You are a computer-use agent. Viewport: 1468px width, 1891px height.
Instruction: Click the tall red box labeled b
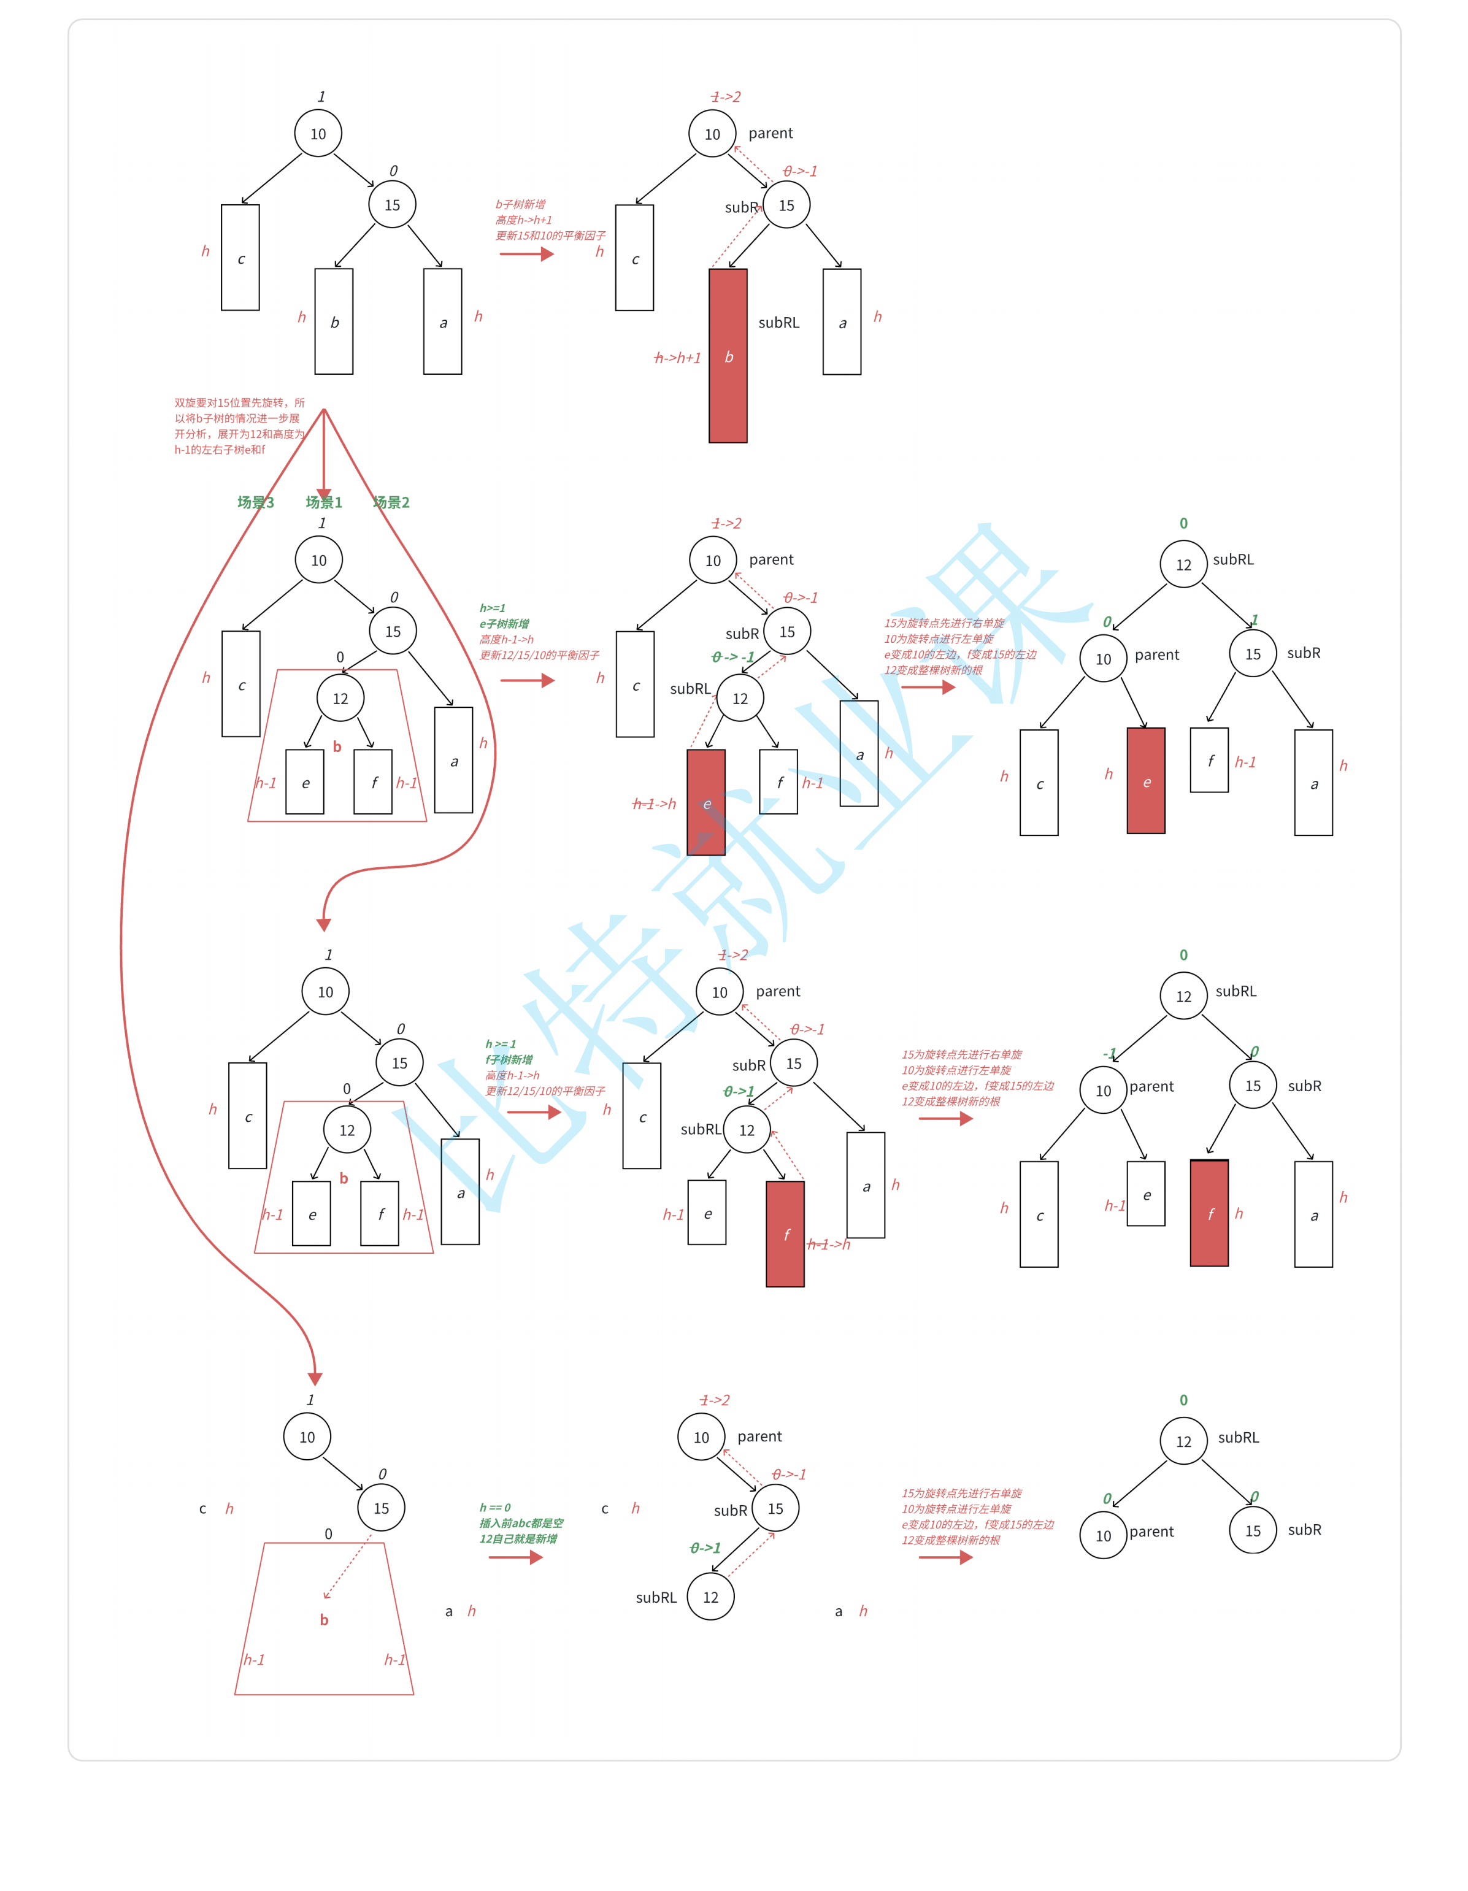728,356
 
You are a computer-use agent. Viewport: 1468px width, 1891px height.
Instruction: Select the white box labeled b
334,321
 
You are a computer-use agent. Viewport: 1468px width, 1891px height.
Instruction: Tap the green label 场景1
324,502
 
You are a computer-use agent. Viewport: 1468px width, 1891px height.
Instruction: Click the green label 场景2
391,502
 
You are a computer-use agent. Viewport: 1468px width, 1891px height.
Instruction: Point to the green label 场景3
255,502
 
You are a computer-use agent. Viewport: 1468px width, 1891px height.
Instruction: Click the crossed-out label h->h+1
677,358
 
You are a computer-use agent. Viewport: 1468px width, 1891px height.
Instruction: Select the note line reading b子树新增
520,204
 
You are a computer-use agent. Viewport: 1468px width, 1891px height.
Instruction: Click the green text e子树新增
504,623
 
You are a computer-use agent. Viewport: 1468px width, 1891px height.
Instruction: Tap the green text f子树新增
509,1060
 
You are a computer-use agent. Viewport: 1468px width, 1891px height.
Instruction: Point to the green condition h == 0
496,1508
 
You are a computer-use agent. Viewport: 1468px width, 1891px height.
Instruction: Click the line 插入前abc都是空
521,1523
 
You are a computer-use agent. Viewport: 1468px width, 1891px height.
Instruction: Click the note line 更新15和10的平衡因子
550,236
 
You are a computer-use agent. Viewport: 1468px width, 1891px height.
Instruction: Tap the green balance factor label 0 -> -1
732,657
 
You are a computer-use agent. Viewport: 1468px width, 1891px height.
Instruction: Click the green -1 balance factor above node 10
1110,1054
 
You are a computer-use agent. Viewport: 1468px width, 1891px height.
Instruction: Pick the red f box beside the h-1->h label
785,1234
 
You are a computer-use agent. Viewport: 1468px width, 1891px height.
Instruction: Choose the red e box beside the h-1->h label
706,803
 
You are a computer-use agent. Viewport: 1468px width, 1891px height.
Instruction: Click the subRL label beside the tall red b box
778,323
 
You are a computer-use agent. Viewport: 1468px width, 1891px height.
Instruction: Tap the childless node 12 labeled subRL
710,1597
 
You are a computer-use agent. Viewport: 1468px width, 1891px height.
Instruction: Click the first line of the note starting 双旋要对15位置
240,402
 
